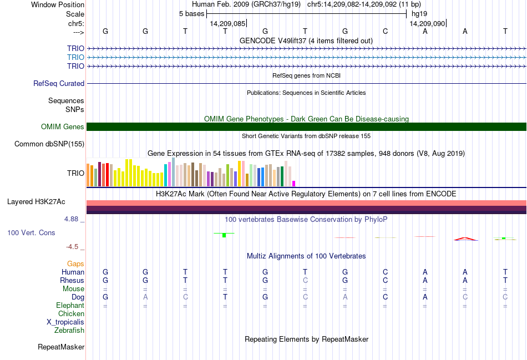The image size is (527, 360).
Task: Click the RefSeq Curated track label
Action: click(59, 83)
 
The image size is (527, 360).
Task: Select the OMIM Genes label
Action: click(63, 126)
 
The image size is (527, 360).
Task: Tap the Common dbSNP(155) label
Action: click(49, 144)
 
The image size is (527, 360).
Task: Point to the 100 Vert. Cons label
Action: click(31, 232)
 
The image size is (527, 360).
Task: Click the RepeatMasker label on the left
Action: click(61, 347)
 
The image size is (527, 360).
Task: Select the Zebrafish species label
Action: click(69, 331)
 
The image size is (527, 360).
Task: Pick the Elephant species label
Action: click(70, 305)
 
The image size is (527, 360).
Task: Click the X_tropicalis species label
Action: click(65, 322)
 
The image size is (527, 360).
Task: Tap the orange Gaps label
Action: click(75, 263)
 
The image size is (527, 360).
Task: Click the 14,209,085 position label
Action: click(227, 23)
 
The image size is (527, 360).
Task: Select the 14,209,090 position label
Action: click(427, 23)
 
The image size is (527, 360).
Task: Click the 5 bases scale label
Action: click(191, 13)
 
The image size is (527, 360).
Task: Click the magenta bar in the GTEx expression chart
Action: click(294, 183)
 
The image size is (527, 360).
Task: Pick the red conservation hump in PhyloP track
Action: click(465, 239)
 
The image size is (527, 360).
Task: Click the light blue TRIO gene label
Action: click(75, 57)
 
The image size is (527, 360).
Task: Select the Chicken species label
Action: click(71, 313)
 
